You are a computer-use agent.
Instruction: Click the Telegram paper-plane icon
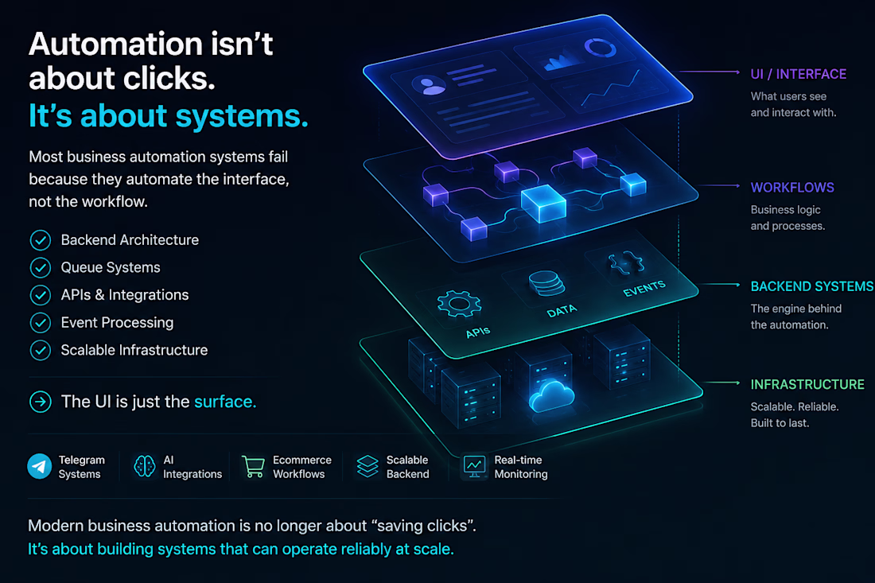[40, 466]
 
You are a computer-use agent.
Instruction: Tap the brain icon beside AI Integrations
[145, 466]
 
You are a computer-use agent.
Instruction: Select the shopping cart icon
[253, 466]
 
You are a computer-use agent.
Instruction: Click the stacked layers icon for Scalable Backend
[367, 466]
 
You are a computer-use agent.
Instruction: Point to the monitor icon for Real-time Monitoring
[474, 466]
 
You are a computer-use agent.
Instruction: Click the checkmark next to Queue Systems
[41, 268]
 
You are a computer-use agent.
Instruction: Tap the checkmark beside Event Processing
[41, 322]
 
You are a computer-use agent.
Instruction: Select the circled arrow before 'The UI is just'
[41, 402]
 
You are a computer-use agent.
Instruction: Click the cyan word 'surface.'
[225, 402]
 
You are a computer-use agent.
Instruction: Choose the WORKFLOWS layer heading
[792, 188]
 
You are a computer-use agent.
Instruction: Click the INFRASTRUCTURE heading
[807, 384]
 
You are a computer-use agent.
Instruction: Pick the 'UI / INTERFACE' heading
[799, 74]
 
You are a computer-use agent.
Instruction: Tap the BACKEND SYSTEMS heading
[812, 286]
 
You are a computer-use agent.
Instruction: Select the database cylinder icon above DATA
[546, 283]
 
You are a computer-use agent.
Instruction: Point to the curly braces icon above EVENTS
[626, 262]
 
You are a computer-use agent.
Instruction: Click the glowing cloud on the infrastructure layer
[551, 396]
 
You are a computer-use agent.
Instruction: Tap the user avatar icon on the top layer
[429, 85]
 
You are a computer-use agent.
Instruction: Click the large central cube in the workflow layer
[543, 203]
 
